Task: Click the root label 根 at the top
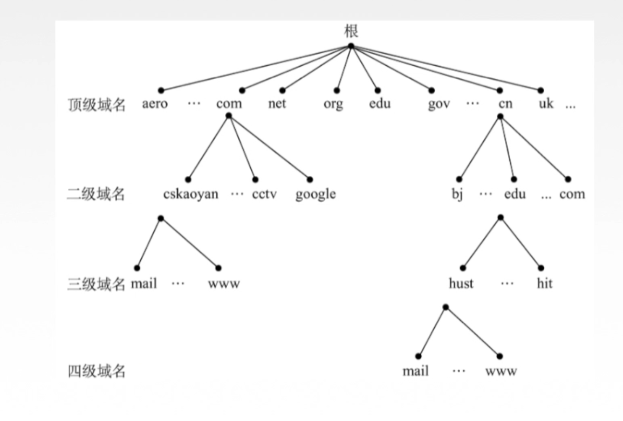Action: [351, 31]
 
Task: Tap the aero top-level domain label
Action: [155, 104]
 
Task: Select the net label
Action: [277, 104]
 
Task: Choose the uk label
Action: [546, 104]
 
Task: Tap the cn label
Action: [505, 104]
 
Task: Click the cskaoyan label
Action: [191, 194]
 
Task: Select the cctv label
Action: [264, 194]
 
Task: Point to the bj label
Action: [457, 194]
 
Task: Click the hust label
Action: [461, 283]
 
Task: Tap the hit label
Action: [545, 283]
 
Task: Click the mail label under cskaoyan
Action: [143, 283]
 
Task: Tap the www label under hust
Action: [501, 371]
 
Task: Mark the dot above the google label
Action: [310, 179]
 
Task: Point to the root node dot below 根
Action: [351, 46]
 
